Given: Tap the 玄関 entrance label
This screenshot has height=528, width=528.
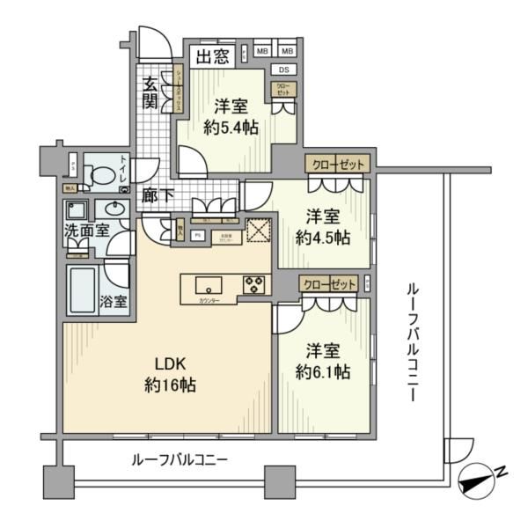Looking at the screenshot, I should (x=150, y=92).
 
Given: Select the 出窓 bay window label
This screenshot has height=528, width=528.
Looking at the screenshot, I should (x=213, y=58).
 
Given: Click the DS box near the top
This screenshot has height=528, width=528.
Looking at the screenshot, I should (x=283, y=70).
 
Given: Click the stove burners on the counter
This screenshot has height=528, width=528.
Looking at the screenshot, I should (x=254, y=284).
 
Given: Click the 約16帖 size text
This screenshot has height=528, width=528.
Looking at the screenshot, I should (x=170, y=385).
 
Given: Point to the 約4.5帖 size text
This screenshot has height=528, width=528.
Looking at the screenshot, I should (x=327, y=237).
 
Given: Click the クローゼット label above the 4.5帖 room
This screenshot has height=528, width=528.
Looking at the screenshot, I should (x=335, y=165).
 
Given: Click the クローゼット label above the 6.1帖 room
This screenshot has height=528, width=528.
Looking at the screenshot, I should (x=328, y=285).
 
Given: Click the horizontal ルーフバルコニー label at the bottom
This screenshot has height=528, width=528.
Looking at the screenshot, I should (x=180, y=459).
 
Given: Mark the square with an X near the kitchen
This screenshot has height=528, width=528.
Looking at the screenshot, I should (x=259, y=229).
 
